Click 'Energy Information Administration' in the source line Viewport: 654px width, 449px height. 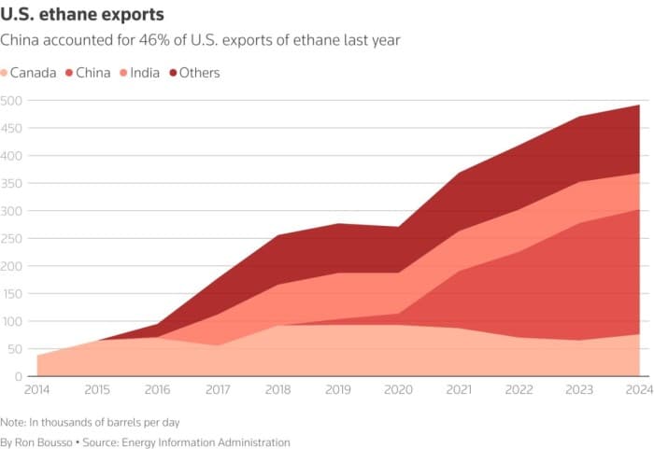click(x=216, y=442)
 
